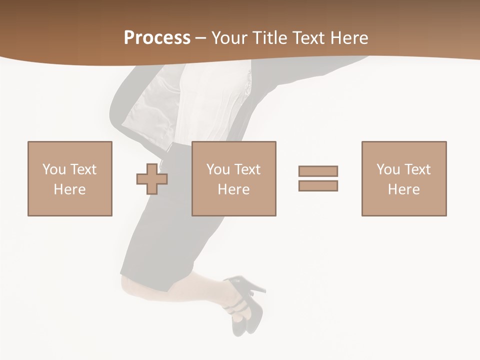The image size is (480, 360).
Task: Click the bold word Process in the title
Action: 157,38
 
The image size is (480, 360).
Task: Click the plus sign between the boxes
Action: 152,178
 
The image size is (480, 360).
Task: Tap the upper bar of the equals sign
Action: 318,171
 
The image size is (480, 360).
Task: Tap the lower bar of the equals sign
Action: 318,185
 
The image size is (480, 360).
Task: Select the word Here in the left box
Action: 69,189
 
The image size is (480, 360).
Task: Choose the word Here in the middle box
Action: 233,189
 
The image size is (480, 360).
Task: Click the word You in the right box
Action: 388,169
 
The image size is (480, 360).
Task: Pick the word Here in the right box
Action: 403,189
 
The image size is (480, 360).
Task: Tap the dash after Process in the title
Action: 201,38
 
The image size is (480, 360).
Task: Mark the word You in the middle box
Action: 218,169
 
